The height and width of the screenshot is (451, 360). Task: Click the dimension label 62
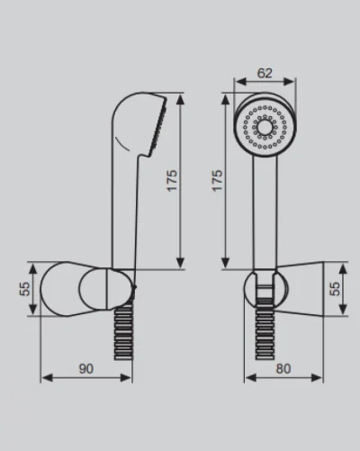(265, 73)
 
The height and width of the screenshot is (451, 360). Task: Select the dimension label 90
(86, 369)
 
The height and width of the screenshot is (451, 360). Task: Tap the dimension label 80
(283, 369)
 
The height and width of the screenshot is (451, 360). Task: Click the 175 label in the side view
(172, 181)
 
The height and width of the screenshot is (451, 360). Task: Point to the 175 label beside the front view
(217, 181)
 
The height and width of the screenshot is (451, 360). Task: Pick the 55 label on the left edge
(25, 289)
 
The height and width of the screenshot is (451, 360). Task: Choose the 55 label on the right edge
(335, 289)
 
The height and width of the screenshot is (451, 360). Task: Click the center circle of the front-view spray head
(265, 127)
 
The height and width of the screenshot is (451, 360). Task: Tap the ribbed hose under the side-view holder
(123, 332)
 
